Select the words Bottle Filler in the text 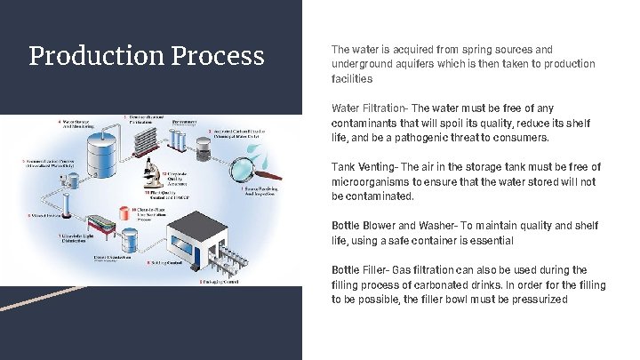[x=358, y=269]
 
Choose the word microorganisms [x=368, y=181]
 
